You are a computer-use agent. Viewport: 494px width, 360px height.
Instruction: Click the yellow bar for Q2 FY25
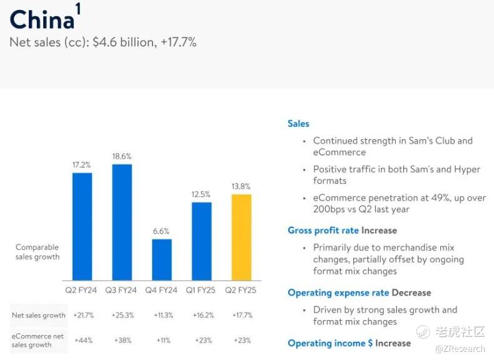[x=241, y=237]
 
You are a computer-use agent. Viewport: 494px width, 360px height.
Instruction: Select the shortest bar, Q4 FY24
[x=161, y=259]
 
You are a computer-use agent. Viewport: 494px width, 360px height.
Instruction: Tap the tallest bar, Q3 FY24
[x=122, y=222]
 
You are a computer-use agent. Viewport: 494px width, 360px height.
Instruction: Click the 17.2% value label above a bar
[x=81, y=165]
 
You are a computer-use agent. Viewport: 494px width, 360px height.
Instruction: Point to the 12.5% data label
[x=201, y=194]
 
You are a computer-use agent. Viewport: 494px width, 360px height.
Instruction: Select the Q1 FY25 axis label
[x=200, y=290]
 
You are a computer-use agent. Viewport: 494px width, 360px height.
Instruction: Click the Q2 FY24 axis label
[x=81, y=290]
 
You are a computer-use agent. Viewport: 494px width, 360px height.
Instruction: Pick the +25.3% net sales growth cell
[x=123, y=315]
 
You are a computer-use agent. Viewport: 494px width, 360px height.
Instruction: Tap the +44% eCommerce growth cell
[x=84, y=340]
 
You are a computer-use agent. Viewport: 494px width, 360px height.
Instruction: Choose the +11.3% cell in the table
[x=163, y=315]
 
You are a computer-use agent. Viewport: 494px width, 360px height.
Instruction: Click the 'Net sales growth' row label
[x=38, y=315]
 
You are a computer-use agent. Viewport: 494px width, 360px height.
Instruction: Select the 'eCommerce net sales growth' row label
[x=38, y=341]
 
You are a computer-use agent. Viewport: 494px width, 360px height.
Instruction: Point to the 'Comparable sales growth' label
[x=38, y=252]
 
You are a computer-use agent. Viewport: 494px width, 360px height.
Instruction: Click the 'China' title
[x=42, y=19]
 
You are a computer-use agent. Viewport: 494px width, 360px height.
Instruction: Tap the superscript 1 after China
[x=78, y=9]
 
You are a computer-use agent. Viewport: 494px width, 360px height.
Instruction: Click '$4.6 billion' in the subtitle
[x=124, y=42]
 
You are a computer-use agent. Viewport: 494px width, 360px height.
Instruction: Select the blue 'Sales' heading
[x=298, y=124]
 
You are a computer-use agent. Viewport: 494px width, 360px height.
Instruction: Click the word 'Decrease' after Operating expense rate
[x=411, y=292]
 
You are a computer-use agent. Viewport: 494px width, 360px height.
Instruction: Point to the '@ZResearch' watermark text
[x=460, y=349]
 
